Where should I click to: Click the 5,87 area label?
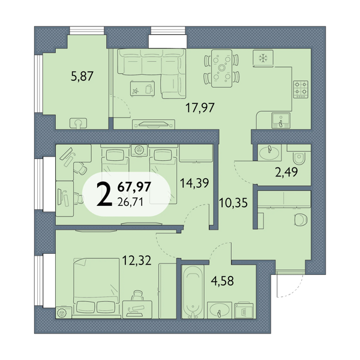[82, 76]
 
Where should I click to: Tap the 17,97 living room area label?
[200, 107]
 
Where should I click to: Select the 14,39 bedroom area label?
[194, 183]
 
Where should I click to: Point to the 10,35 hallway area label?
[233, 203]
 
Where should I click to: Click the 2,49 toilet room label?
[286, 172]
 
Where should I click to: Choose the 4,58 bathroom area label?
[222, 281]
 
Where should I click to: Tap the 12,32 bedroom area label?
[137, 260]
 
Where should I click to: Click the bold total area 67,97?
[134, 186]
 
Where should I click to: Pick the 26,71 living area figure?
[130, 202]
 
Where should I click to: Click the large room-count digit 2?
[104, 194]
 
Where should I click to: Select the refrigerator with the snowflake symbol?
[263, 59]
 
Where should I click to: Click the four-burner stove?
[301, 89]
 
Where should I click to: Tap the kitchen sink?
[281, 121]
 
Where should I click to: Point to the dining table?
[221, 68]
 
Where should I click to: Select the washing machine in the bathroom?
[244, 310]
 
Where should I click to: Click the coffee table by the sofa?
[142, 89]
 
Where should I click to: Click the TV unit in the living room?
[154, 124]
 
